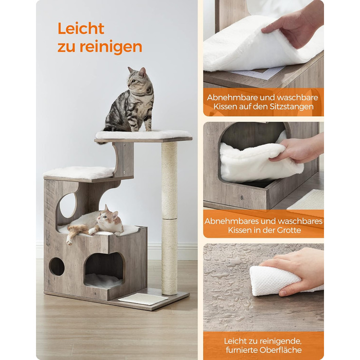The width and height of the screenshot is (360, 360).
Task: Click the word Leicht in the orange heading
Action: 81,28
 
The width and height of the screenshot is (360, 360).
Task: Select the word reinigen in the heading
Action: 111,47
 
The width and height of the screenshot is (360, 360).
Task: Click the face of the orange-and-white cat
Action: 110,219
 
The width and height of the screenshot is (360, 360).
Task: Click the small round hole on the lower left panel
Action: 57,266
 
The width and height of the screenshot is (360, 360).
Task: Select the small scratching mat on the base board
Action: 143,299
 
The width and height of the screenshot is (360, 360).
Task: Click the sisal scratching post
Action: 169,218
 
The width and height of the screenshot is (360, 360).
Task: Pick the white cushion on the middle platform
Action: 79,172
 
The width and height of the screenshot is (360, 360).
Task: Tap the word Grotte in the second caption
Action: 289,230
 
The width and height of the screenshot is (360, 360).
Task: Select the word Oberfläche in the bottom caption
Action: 281,350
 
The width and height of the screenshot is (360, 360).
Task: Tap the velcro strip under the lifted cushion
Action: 257,74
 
